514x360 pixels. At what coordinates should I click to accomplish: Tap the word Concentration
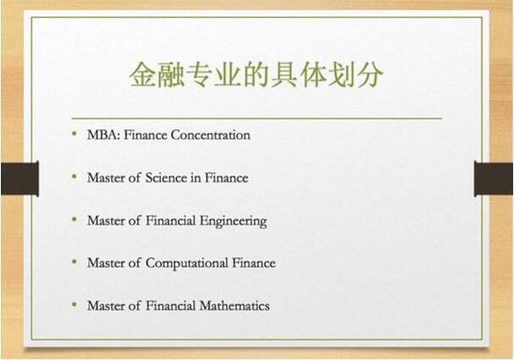(x=211, y=135)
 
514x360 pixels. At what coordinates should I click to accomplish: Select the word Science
(x=166, y=177)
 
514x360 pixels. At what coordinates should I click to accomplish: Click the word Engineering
(x=233, y=221)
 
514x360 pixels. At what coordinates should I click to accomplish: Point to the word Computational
(x=187, y=264)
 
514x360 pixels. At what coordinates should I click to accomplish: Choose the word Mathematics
(x=235, y=306)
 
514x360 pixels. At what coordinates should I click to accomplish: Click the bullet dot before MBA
(x=75, y=134)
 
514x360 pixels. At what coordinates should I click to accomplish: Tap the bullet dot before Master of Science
(x=75, y=177)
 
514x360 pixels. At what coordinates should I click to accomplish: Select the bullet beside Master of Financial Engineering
(x=75, y=219)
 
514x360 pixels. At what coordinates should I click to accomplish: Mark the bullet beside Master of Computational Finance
(x=75, y=262)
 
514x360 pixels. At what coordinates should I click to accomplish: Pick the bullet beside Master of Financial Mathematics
(x=75, y=304)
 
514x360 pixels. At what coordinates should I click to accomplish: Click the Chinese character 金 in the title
(x=142, y=75)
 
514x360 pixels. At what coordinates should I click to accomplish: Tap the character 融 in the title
(x=170, y=75)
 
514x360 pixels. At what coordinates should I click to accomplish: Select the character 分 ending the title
(x=370, y=75)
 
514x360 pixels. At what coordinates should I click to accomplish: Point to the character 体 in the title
(x=314, y=75)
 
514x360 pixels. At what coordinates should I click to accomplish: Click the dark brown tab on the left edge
(x=20, y=178)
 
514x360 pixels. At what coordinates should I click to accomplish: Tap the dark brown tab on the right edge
(x=494, y=178)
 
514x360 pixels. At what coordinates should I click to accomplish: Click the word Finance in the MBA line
(x=146, y=135)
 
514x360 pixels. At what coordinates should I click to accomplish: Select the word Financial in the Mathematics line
(x=170, y=306)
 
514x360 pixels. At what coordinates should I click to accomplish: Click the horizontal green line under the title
(x=257, y=117)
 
